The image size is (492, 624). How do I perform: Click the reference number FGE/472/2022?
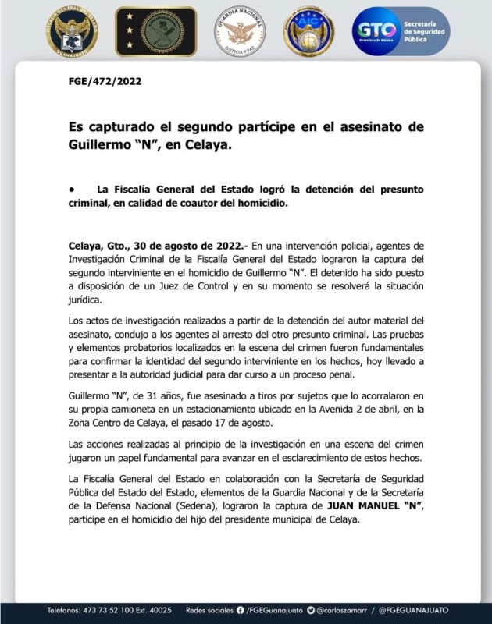click(x=105, y=81)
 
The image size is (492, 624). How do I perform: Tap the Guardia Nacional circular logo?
click(x=240, y=31)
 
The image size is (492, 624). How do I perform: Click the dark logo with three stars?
click(x=156, y=31)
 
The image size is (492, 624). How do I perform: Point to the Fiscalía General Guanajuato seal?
click(x=72, y=31)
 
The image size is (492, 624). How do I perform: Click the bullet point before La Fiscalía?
click(x=71, y=189)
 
